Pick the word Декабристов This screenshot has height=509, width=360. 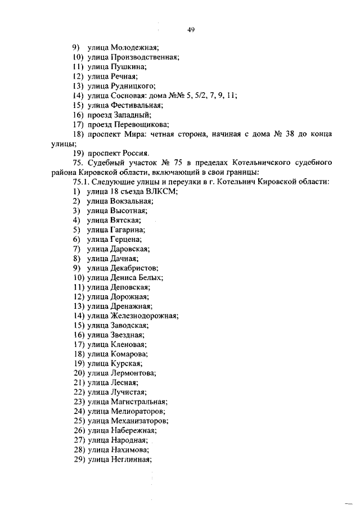pyautogui.click(x=134, y=268)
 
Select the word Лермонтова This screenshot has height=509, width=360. pyautogui.click(x=133, y=373)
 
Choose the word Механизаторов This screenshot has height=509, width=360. pyautogui.click(x=139, y=421)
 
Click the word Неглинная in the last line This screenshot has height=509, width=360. pyautogui.click(x=132, y=459)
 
